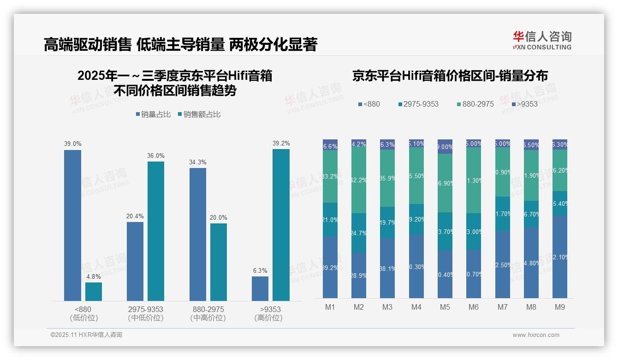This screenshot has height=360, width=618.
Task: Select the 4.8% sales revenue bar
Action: click(94, 292)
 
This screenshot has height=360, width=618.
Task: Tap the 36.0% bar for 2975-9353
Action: click(156, 231)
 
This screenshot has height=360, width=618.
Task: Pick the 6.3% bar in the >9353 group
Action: click(260, 288)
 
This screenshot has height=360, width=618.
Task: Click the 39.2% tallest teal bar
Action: click(281, 225)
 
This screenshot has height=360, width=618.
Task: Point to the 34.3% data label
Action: click(197, 162)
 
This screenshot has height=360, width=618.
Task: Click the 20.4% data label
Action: click(135, 216)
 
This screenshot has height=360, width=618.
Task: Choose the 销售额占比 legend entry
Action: click(199, 114)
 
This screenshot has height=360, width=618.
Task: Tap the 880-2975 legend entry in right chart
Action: click(475, 104)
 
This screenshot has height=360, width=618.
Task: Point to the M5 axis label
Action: click(445, 307)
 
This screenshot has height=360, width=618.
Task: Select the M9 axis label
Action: click(559, 307)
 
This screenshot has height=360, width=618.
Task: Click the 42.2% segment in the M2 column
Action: click(359, 180)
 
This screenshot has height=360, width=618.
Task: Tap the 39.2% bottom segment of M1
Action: click(330, 267)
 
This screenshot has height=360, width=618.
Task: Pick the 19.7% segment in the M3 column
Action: click(387, 222)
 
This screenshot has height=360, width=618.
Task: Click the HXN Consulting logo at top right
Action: click(542, 41)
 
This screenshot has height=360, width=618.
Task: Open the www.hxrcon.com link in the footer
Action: click(535, 335)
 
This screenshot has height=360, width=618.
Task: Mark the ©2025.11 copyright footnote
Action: click(86, 335)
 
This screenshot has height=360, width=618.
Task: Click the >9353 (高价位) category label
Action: click(268, 313)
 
